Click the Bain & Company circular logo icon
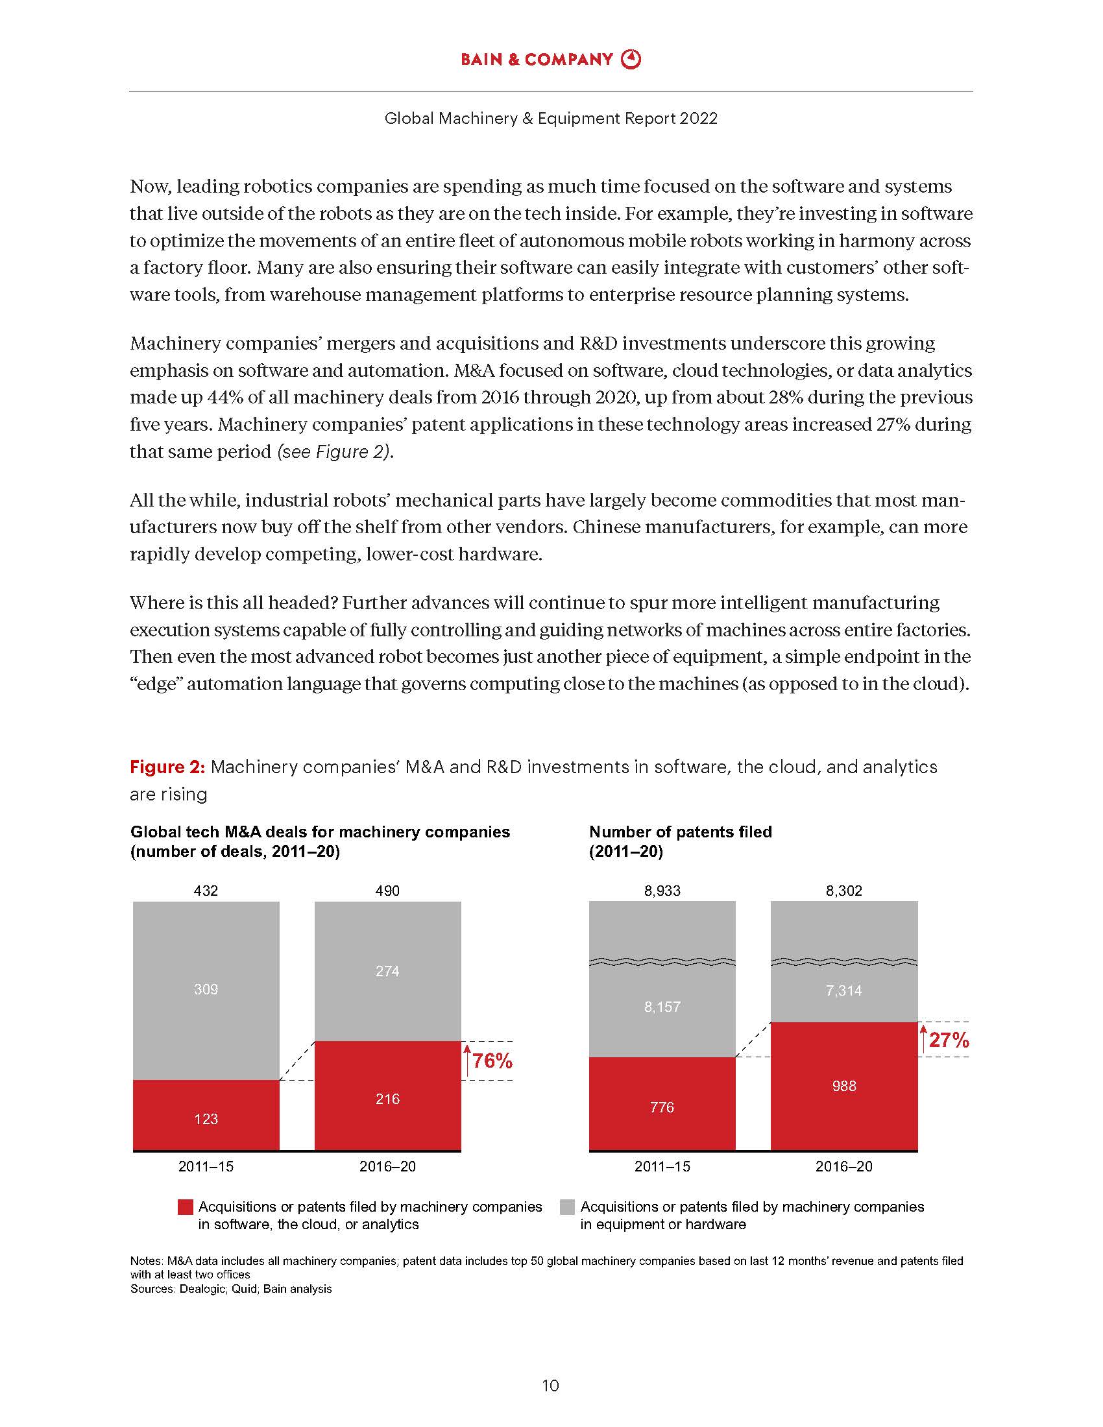click(x=631, y=60)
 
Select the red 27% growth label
click(x=948, y=1040)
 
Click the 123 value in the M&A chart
click(x=206, y=1119)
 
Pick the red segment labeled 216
click(x=387, y=1098)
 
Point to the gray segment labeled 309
click(x=206, y=989)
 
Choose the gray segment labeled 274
click(x=387, y=971)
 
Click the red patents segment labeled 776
click(x=662, y=1107)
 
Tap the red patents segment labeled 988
click(x=843, y=1086)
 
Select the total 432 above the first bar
click(x=206, y=891)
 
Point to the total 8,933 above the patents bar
click(x=662, y=891)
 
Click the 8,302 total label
click(x=843, y=891)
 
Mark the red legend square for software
click(x=186, y=1207)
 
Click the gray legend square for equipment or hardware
click(x=567, y=1207)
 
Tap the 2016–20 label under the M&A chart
click(x=387, y=1166)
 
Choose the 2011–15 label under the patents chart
click(x=662, y=1166)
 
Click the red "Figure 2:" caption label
click(x=167, y=767)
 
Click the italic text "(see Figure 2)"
click(x=335, y=451)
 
